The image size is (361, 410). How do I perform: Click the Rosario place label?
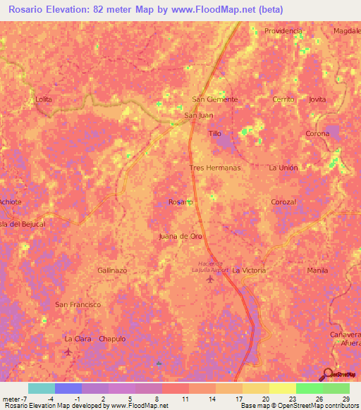click(180, 202)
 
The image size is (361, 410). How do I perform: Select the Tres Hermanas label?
click(215, 168)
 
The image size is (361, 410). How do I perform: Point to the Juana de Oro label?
click(181, 236)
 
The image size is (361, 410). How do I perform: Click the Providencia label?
click(283, 31)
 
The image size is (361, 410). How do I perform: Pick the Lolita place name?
click(44, 99)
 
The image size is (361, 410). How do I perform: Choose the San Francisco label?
click(78, 304)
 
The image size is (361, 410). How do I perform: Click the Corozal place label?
click(283, 202)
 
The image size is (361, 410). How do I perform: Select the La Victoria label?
click(249, 271)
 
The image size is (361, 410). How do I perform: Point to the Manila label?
click(318, 271)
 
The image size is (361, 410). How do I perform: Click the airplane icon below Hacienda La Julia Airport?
click(209, 281)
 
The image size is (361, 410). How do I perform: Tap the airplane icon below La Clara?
click(68, 350)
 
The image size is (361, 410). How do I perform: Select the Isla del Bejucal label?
click(23, 224)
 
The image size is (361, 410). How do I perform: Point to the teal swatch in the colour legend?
click(42, 388)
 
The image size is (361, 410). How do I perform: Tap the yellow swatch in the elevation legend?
click(282, 388)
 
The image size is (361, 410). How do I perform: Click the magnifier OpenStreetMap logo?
click(329, 375)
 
